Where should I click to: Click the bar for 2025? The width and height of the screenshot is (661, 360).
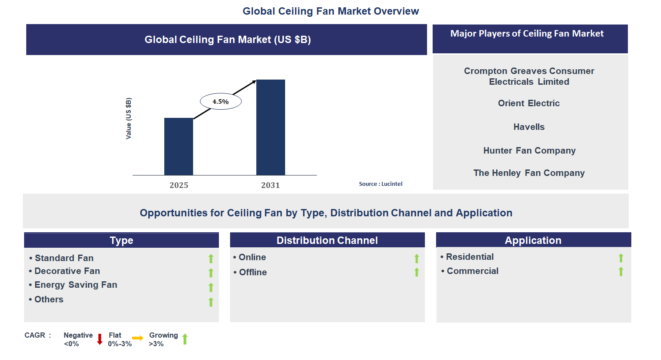pyautogui.click(x=178, y=146)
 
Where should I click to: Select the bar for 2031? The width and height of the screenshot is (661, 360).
pyautogui.click(x=271, y=127)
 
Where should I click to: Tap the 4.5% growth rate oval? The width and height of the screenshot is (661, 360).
pyautogui.click(x=221, y=102)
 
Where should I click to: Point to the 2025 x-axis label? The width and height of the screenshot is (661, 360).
pyautogui.click(x=179, y=185)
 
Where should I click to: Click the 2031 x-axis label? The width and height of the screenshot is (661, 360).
pyautogui.click(x=271, y=185)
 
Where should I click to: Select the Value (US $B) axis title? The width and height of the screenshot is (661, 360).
pyautogui.click(x=129, y=118)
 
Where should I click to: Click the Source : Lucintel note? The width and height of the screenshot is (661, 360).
pyautogui.click(x=381, y=184)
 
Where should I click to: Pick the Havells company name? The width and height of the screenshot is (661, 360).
pyautogui.click(x=529, y=127)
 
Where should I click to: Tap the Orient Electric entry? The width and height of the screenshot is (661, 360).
pyautogui.click(x=529, y=103)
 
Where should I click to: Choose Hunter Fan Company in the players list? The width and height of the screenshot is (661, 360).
pyautogui.click(x=529, y=151)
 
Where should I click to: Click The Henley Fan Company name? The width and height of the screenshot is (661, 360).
pyautogui.click(x=529, y=173)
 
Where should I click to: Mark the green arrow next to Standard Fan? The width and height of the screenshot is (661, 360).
pyautogui.click(x=211, y=258)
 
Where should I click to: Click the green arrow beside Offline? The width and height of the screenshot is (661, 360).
pyautogui.click(x=416, y=272)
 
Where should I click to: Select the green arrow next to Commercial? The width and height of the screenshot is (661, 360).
pyautogui.click(x=621, y=271)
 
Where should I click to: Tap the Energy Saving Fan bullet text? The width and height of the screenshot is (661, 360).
pyautogui.click(x=76, y=285)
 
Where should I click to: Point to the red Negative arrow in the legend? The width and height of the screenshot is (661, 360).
pyautogui.click(x=100, y=339)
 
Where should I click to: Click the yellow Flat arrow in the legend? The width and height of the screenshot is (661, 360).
pyautogui.click(x=138, y=338)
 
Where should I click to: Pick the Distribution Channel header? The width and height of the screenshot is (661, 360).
pyautogui.click(x=327, y=240)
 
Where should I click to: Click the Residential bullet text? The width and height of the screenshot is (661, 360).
pyautogui.click(x=470, y=257)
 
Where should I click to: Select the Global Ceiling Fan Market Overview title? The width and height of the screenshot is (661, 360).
pyautogui.click(x=331, y=11)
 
